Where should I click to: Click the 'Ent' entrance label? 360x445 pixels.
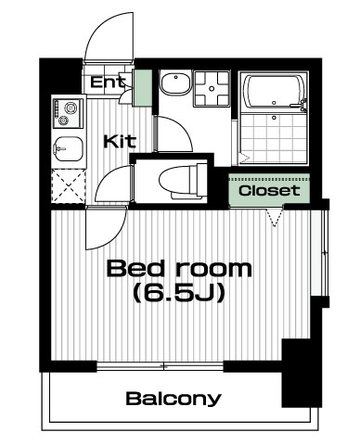pos(109,82)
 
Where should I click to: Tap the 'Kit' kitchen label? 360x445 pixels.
pos(120,141)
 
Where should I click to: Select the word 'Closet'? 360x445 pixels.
pos(269,190)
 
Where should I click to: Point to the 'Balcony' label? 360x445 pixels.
pos(174,399)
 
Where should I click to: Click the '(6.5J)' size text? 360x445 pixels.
pos(178,293)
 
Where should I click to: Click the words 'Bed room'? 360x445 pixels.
pos(179,269)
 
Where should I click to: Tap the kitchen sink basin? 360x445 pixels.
pos(69,149)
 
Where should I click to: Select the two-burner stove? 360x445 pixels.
pos(68,113)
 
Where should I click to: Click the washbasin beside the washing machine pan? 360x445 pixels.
pos(175,83)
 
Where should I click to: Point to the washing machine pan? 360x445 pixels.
pos(212,88)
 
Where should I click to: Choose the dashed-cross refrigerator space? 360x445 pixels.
pos(69,186)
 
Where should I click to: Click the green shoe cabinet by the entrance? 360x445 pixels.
pos(142,88)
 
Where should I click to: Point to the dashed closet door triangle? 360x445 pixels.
pos(275,218)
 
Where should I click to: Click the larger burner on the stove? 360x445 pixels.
pos(71,108)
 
